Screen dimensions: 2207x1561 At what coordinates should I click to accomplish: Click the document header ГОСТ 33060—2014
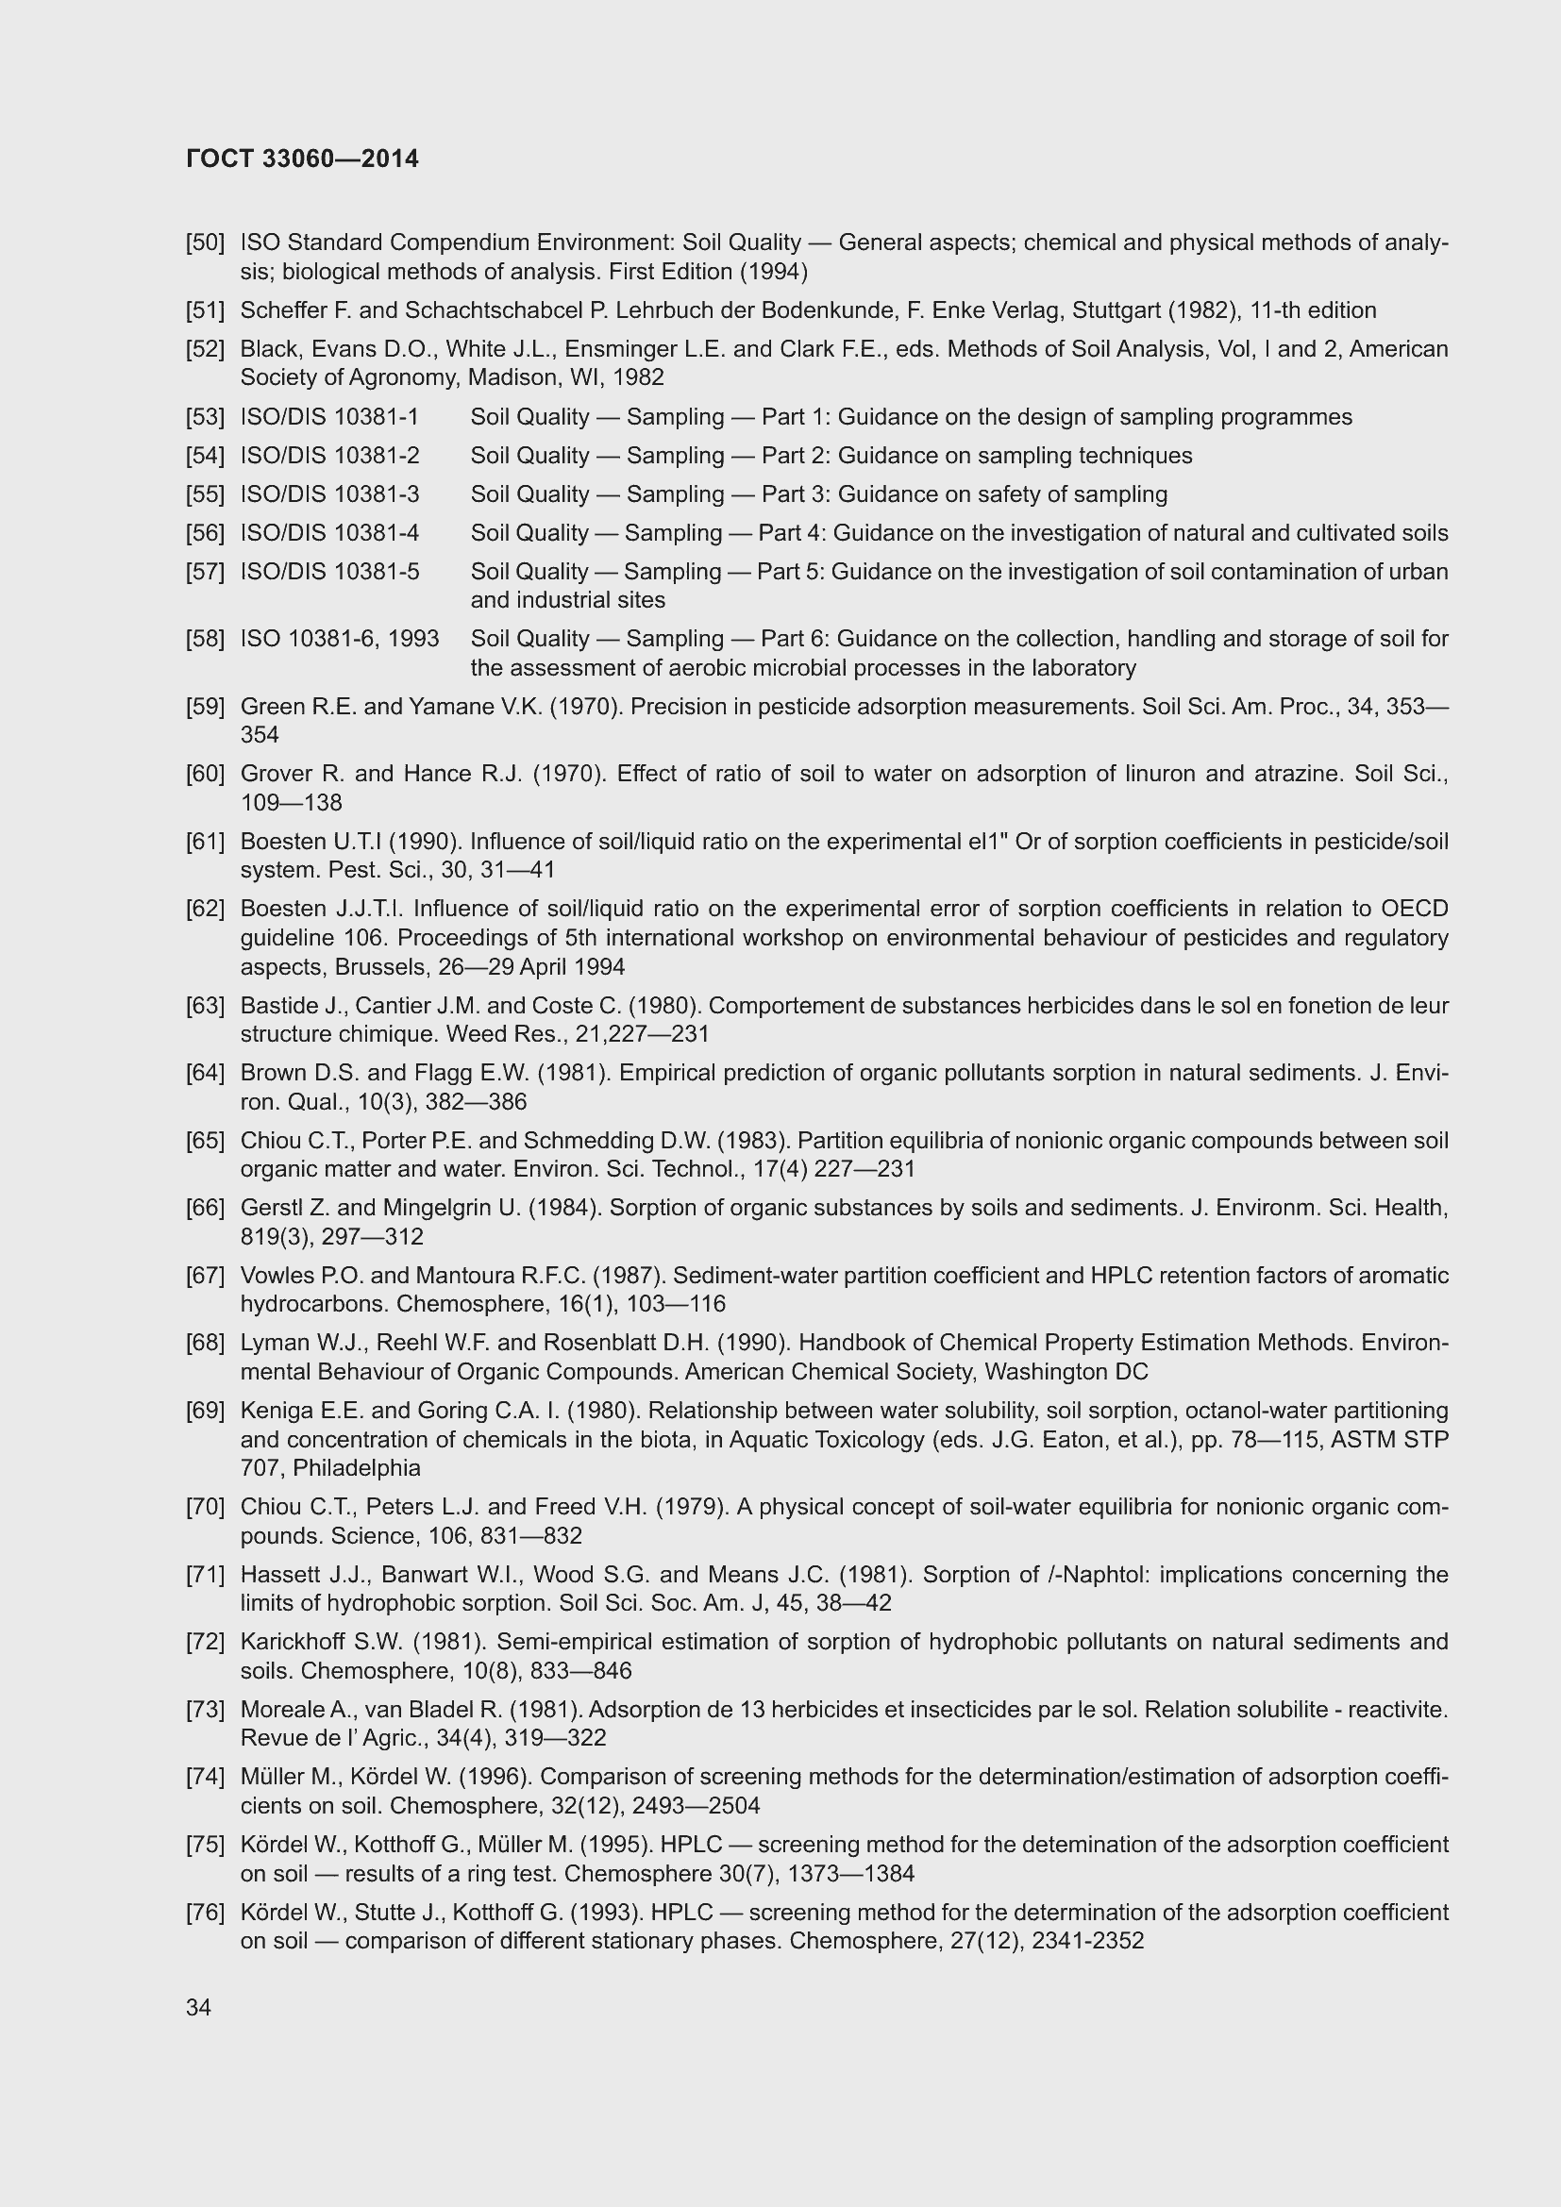pos(302,159)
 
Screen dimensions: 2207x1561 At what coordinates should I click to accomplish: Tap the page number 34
pos(198,2008)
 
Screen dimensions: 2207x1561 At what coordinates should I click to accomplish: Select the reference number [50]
pos(205,242)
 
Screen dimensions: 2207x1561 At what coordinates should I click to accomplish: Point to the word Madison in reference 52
pos(507,376)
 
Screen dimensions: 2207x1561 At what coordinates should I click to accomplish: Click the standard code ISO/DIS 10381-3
pos(329,494)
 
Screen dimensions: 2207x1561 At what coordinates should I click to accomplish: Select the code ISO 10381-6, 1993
pos(340,638)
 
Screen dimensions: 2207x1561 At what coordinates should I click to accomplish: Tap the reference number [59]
pos(205,707)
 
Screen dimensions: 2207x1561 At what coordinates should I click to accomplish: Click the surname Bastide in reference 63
pos(278,1006)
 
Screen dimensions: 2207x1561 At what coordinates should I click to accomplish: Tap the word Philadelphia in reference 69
pos(357,1468)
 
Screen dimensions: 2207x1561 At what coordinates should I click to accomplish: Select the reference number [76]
pos(205,1912)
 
